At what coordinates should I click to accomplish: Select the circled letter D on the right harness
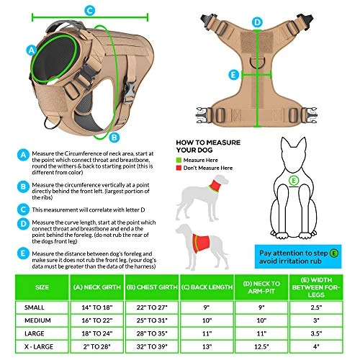[258, 22]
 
